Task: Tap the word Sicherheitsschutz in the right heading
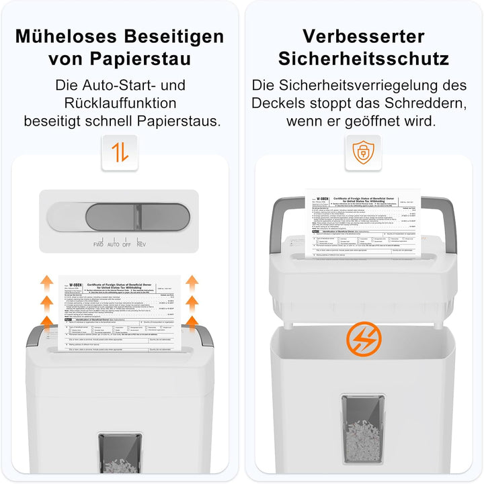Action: coord(364,58)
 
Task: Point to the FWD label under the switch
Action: coord(98,244)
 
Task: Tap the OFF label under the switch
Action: coord(126,244)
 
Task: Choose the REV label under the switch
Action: coord(141,244)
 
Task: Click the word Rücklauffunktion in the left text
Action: coord(120,103)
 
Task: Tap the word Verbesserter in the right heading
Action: coord(364,36)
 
